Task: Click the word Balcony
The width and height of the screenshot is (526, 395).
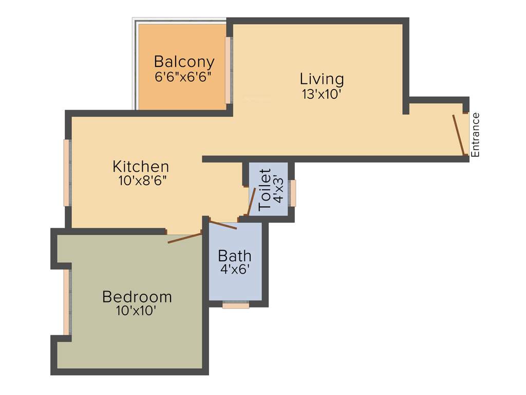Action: tap(184, 62)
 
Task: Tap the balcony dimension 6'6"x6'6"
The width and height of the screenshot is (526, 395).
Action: tap(184, 77)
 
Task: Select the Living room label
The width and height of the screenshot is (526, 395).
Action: tap(322, 79)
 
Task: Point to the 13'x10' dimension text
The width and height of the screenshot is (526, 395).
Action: tap(322, 94)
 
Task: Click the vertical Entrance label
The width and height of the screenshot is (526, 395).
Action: tap(475, 134)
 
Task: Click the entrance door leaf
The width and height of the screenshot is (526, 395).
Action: tap(459, 135)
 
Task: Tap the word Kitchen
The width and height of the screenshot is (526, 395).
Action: tap(141, 167)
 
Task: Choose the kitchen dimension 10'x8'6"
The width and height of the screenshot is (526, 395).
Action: tap(141, 181)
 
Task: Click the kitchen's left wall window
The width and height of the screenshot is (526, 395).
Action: tap(67, 172)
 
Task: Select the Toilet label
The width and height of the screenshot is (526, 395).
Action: tap(265, 190)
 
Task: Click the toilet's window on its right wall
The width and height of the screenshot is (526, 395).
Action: tap(293, 193)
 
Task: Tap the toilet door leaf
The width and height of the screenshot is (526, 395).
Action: tap(252, 202)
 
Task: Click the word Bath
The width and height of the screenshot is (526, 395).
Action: tap(235, 256)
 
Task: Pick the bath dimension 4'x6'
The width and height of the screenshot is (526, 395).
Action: tap(235, 269)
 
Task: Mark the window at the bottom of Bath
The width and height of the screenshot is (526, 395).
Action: tap(236, 306)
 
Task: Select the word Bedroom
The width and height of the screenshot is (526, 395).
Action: tap(137, 297)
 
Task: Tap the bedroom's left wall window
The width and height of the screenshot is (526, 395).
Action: tap(67, 302)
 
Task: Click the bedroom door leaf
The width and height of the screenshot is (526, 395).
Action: tap(185, 238)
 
